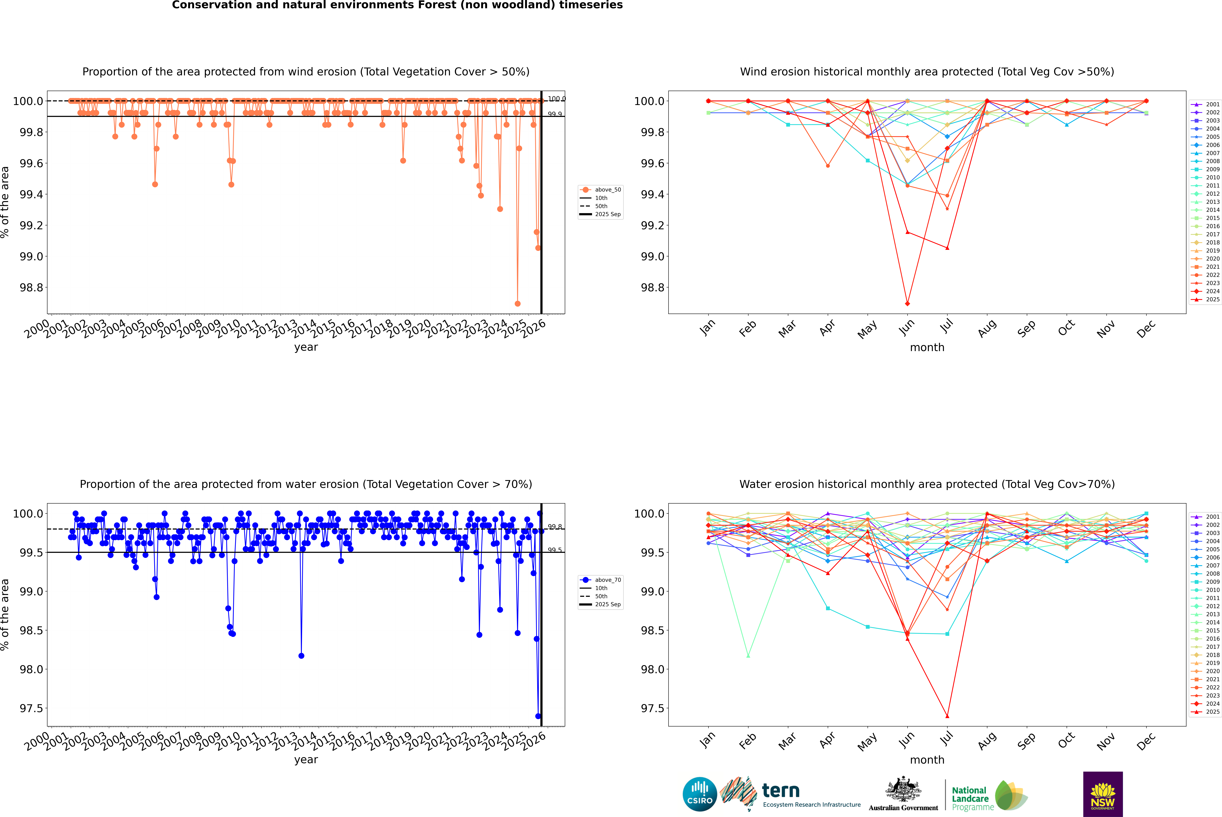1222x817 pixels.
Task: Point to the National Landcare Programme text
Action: pyautogui.click(x=970, y=798)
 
